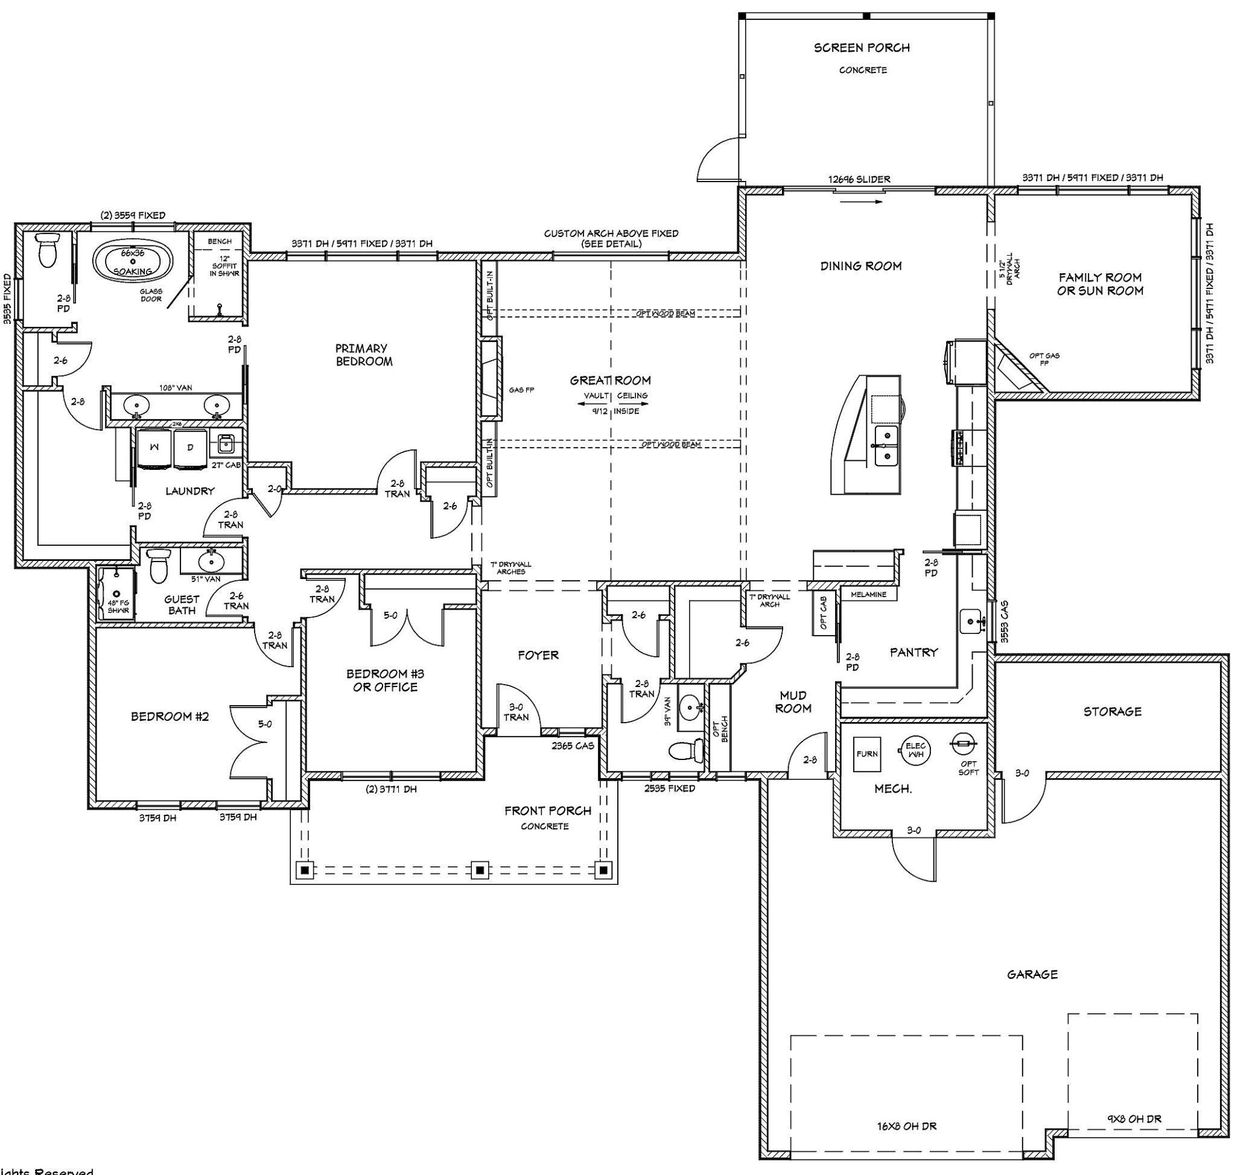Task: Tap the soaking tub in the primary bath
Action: [133, 261]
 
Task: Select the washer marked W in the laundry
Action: [154, 449]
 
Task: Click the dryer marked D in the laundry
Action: [190, 449]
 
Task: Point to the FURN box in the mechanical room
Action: [867, 753]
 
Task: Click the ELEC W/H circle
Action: [915, 750]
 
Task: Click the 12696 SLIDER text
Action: [859, 179]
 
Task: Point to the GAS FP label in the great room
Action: [521, 390]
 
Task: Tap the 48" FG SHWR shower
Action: [118, 595]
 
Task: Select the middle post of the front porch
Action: [480, 870]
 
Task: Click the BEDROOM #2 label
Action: [169, 716]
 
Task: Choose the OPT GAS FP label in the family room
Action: [1044, 358]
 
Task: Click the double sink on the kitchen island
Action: [886, 446]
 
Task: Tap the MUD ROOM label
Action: [793, 702]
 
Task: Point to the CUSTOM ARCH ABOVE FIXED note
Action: [611, 238]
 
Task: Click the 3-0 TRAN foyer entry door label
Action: [516, 712]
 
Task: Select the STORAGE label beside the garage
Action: [1113, 711]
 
